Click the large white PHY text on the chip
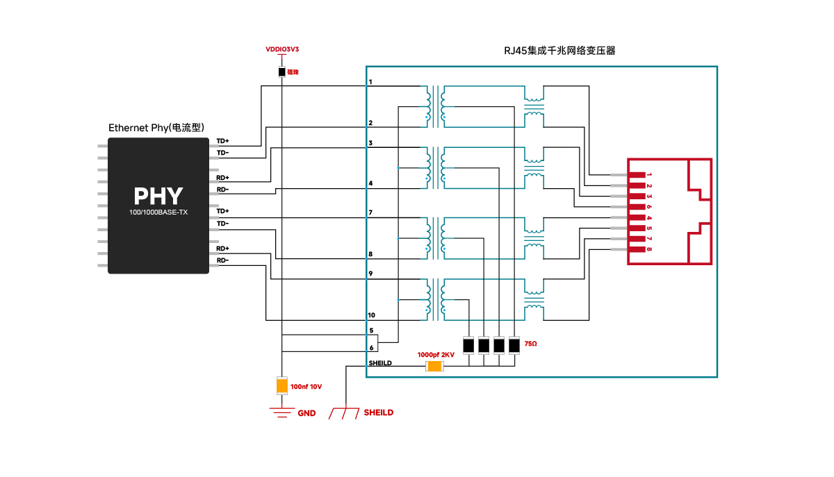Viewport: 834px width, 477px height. [158, 196]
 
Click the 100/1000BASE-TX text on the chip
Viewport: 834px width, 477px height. [158, 212]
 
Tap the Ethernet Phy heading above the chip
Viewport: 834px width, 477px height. [156, 128]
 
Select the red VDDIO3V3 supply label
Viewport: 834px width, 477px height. [281, 49]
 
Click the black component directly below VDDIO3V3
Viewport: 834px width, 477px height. [281, 72]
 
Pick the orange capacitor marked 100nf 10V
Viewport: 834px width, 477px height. [281, 385]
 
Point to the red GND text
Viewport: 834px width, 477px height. [306, 413]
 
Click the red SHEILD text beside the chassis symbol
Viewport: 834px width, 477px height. [378, 412]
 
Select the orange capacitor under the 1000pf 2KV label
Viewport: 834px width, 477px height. [434, 366]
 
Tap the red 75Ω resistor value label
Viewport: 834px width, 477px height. [531, 344]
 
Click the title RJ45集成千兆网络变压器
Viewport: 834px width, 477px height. [559, 51]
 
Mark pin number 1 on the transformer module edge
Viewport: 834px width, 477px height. [370, 82]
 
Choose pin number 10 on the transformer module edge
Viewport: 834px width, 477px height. [372, 315]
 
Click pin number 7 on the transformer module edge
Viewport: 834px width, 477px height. [370, 212]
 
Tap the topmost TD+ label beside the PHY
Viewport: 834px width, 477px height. [222, 140]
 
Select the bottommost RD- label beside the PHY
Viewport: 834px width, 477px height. [222, 260]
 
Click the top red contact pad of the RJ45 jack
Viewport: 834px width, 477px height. [637, 175]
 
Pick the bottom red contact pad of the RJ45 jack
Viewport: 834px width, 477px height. [637, 249]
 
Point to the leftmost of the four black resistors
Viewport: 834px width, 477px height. [468, 345]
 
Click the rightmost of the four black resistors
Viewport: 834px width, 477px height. [514, 345]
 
